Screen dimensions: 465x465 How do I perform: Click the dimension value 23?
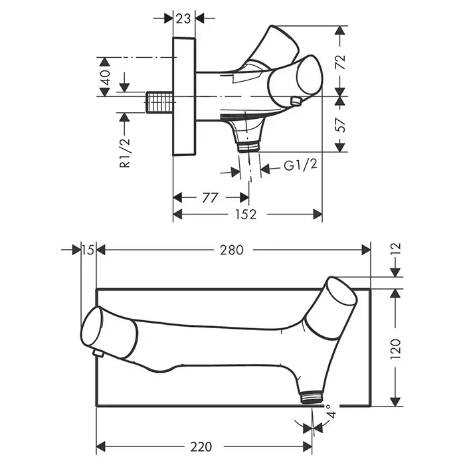tap(184, 19)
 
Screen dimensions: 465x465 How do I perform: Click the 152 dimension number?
tap(246, 214)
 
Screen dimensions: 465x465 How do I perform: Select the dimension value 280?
tap(232, 250)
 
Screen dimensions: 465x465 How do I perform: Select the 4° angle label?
tap(330, 416)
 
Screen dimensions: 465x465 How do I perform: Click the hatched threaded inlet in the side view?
tap(160, 104)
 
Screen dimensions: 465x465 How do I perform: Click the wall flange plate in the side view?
tap(185, 96)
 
